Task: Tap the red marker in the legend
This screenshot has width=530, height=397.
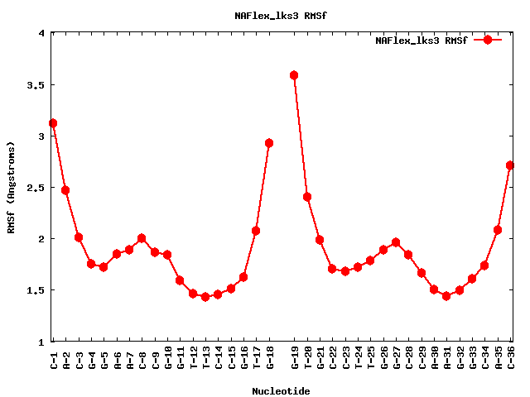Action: coord(488,39)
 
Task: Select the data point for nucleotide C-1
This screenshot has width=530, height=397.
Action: coord(53,123)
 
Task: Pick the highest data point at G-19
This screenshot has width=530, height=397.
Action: coord(294,75)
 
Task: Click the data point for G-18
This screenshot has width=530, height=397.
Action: coord(269,143)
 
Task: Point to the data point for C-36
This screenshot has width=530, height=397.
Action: coord(510,165)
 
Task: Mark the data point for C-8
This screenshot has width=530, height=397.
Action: coord(142,238)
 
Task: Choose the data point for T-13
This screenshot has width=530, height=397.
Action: coord(205,297)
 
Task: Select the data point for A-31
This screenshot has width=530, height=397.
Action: coord(446,296)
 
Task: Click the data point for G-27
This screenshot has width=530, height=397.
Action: coord(396,242)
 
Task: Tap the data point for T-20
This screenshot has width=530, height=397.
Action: coord(307,197)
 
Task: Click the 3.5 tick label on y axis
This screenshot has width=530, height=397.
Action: coord(36,85)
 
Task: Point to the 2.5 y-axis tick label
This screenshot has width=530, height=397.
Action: coord(36,188)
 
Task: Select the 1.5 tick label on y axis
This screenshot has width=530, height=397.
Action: coord(36,290)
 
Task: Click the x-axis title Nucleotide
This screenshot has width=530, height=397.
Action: coord(282,391)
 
